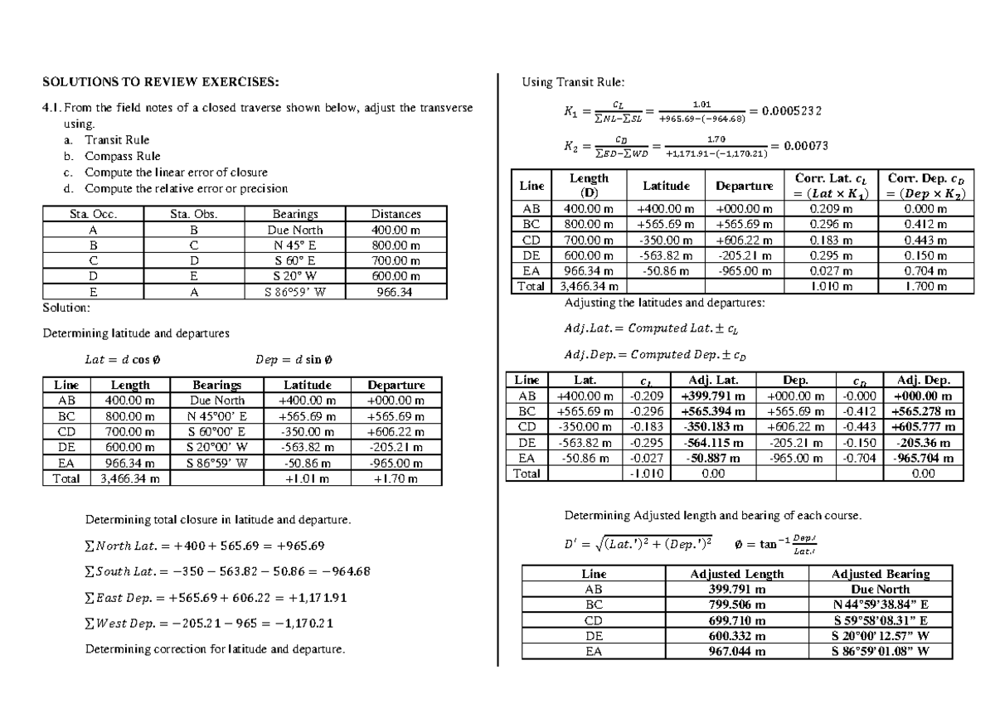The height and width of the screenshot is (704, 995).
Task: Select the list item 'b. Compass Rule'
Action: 113,156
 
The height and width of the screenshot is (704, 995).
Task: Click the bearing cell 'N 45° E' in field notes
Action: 295,245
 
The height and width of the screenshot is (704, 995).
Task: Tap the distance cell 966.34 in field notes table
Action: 396,292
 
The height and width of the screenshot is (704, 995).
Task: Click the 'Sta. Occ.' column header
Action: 93,214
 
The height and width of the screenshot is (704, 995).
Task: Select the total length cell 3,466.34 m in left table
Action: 129,478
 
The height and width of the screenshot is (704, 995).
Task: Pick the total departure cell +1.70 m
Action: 396,478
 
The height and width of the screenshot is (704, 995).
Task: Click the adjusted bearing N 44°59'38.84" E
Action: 880,604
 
